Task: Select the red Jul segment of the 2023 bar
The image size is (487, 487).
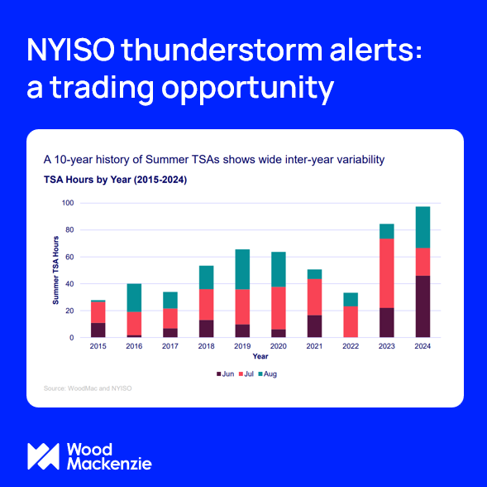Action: click(x=387, y=273)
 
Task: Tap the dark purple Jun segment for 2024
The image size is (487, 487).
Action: click(x=423, y=306)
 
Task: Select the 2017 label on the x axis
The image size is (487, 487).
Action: click(x=170, y=346)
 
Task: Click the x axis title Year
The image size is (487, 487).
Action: click(x=260, y=356)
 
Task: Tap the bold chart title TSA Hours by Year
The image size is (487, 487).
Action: click(x=115, y=178)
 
